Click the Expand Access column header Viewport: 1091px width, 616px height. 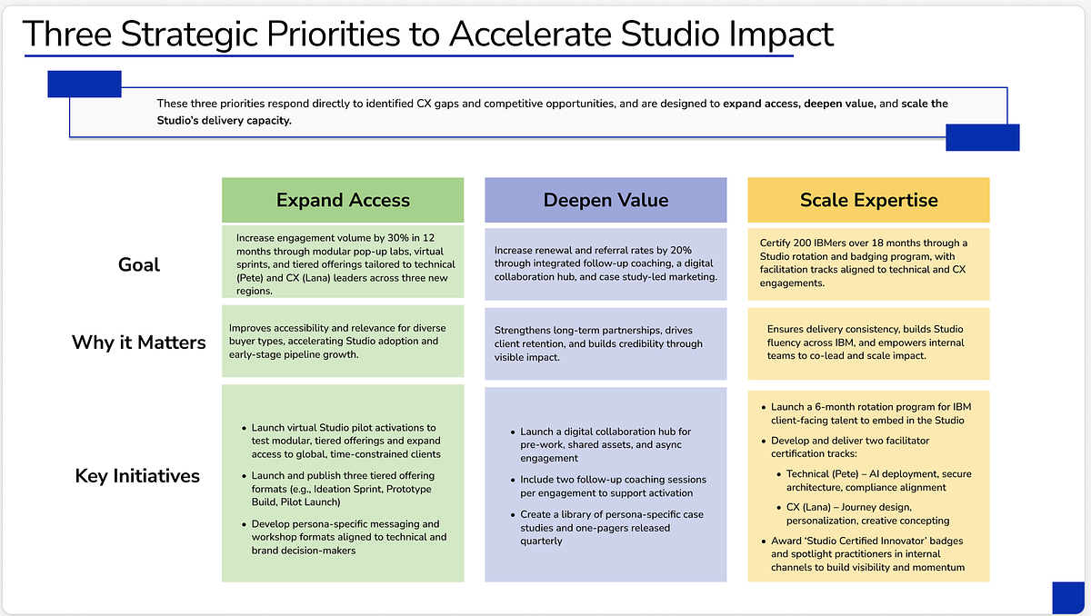[343, 200]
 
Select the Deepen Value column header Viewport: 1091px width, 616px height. [606, 200]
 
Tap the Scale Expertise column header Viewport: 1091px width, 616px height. [868, 200]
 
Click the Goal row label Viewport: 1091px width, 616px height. [139, 264]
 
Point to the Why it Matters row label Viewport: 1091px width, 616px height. [139, 343]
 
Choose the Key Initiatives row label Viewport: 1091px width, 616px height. [137, 476]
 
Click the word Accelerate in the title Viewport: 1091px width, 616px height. [530, 34]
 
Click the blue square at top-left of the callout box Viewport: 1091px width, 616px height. [85, 84]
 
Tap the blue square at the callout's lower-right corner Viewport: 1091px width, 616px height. [983, 138]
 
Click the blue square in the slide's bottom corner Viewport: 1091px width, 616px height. [1068, 598]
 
